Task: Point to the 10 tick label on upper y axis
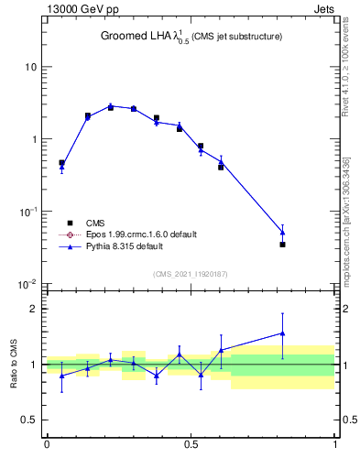pyautogui.click(x=30, y=68)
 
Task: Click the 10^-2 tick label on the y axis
pyautogui.click(x=27, y=284)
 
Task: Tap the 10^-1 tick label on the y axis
pyautogui.click(x=27, y=212)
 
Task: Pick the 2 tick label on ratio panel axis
pyautogui.click(x=35, y=310)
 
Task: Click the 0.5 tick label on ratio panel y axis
pyautogui.click(x=30, y=420)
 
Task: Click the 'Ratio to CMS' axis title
pyautogui.click(x=14, y=364)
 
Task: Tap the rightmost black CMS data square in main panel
pyautogui.click(x=283, y=245)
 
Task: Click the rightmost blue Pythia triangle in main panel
pyautogui.click(x=283, y=233)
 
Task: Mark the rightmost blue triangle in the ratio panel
pyautogui.click(x=283, y=333)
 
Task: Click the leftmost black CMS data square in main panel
pyautogui.click(x=61, y=163)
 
